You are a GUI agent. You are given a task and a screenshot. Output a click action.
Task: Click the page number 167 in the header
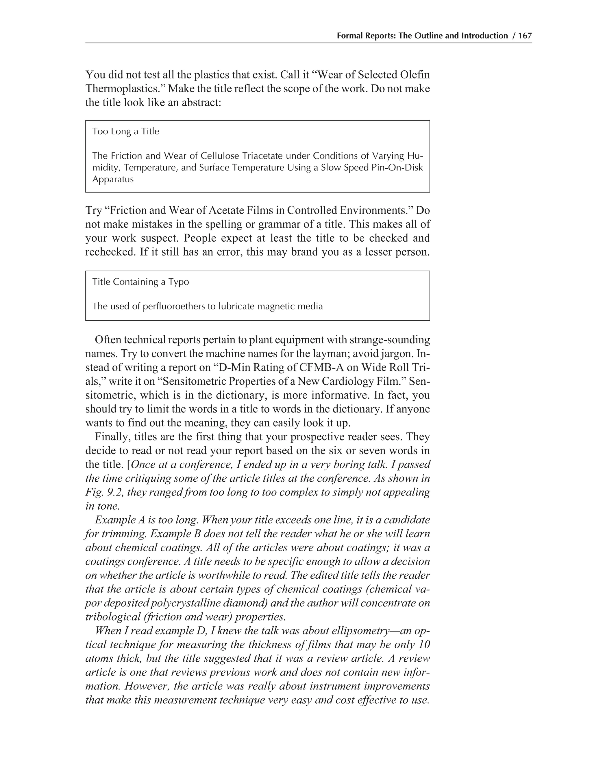coord(525,36)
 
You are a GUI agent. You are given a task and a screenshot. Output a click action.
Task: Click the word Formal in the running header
coord(348,36)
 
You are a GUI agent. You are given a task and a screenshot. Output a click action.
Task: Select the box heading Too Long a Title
coord(125,131)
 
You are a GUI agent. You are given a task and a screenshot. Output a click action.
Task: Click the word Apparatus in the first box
coord(113,179)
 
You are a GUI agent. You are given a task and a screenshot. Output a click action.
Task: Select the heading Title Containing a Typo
coord(140,282)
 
